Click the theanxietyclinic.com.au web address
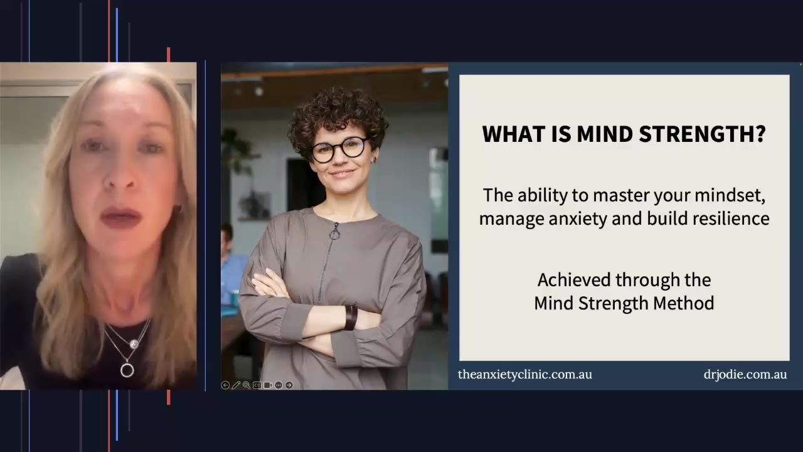tap(524, 375)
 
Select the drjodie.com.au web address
tap(745, 375)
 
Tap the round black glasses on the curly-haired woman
tap(339, 149)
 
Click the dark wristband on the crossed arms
tap(350, 318)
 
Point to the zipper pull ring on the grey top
tap(334, 234)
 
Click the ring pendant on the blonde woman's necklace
tap(127, 370)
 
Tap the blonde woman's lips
tap(121, 218)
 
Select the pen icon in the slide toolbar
tap(236, 385)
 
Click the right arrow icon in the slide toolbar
tap(289, 385)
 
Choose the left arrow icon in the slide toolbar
tap(225, 385)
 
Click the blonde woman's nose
tap(120, 179)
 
